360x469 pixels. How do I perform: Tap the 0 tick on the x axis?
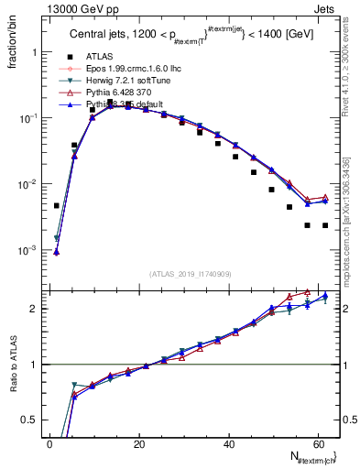coord(49,443)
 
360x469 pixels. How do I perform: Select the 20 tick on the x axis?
coord(139,443)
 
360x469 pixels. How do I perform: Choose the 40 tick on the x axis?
coord(229,443)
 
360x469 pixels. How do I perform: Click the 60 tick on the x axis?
coord(319,443)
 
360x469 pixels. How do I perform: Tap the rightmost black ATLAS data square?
coord(325,225)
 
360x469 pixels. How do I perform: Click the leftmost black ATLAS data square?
coord(57,206)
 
